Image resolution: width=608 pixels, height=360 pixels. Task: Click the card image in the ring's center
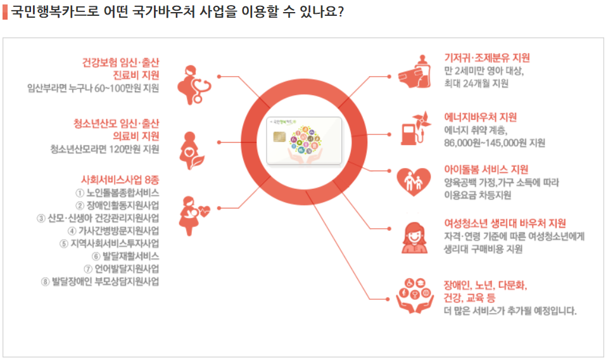click(x=304, y=141)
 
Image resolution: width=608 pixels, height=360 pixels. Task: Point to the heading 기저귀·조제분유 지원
click(x=486, y=58)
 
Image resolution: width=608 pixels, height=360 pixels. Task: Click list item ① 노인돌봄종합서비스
click(x=117, y=192)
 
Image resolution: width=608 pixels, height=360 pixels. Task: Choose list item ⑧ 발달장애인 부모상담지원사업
click(x=100, y=281)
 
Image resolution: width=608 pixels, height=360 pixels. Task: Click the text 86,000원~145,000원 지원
click(x=495, y=143)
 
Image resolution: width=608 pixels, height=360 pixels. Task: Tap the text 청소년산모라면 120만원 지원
click(x=105, y=150)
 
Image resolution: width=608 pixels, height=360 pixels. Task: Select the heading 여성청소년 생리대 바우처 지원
click(x=505, y=223)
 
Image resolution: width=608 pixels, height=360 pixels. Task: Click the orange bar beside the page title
click(x=5, y=12)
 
